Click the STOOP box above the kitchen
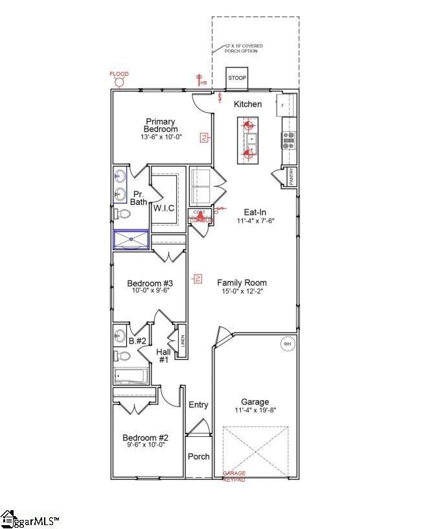[x=237, y=78]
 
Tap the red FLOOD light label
[x=119, y=74]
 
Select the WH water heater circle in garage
[x=286, y=344]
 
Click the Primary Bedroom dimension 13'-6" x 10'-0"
[x=161, y=137]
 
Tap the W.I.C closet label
[x=163, y=207]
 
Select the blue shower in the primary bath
[x=131, y=240]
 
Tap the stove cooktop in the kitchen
[x=288, y=137]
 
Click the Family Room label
[x=242, y=283]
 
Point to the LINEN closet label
[x=183, y=340]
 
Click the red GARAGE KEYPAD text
[x=234, y=476]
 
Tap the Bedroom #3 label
[x=150, y=283]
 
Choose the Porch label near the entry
[x=198, y=456]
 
